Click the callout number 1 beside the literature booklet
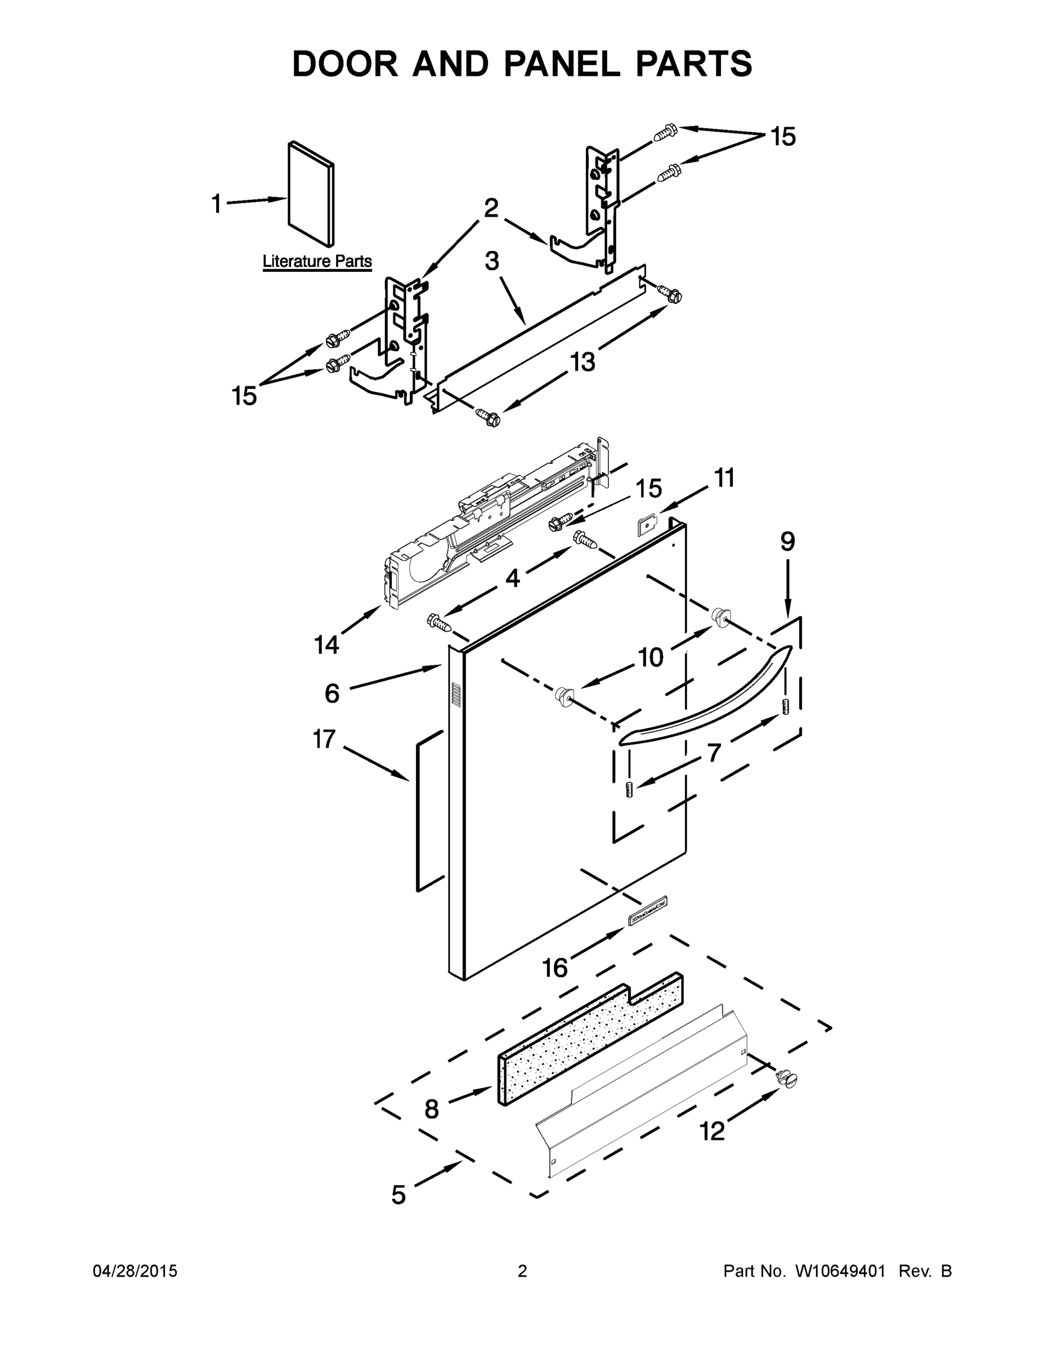217,204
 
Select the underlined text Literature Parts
317,261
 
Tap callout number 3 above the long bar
492,261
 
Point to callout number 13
582,361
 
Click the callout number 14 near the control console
326,645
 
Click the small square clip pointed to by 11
647,525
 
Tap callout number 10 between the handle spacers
650,657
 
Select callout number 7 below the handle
714,753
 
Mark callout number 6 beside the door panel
332,694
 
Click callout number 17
324,739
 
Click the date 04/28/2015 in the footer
135,1271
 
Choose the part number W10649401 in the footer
840,1271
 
